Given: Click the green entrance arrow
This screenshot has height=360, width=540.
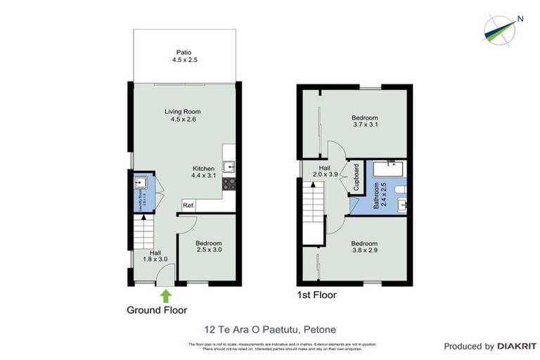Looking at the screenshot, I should [x=165, y=295].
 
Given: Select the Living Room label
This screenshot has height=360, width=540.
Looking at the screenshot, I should [x=183, y=115].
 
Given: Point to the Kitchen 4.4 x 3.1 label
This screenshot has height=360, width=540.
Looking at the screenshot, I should [x=204, y=173].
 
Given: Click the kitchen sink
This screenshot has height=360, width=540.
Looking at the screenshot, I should [x=229, y=167].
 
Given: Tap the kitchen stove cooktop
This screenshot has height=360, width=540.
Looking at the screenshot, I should [x=229, y=184].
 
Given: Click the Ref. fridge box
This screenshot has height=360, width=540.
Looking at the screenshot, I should [x=188, y=205].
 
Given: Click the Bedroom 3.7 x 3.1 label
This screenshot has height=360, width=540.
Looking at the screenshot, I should [x=365, y=122].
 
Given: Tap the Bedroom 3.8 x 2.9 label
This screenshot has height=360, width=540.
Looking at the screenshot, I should [x=365, y=247].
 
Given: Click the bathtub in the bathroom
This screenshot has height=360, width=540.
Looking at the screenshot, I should [x=386, y=169].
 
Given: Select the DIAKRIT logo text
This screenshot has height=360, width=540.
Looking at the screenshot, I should [x=517, y=346].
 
